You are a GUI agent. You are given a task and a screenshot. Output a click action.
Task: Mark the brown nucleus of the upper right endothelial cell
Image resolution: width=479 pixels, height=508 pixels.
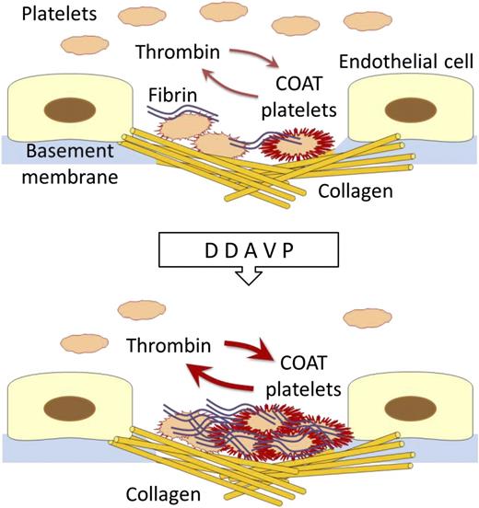[409, 110]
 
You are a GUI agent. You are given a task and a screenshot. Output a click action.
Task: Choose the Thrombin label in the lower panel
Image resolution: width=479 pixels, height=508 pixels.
[169, 348]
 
